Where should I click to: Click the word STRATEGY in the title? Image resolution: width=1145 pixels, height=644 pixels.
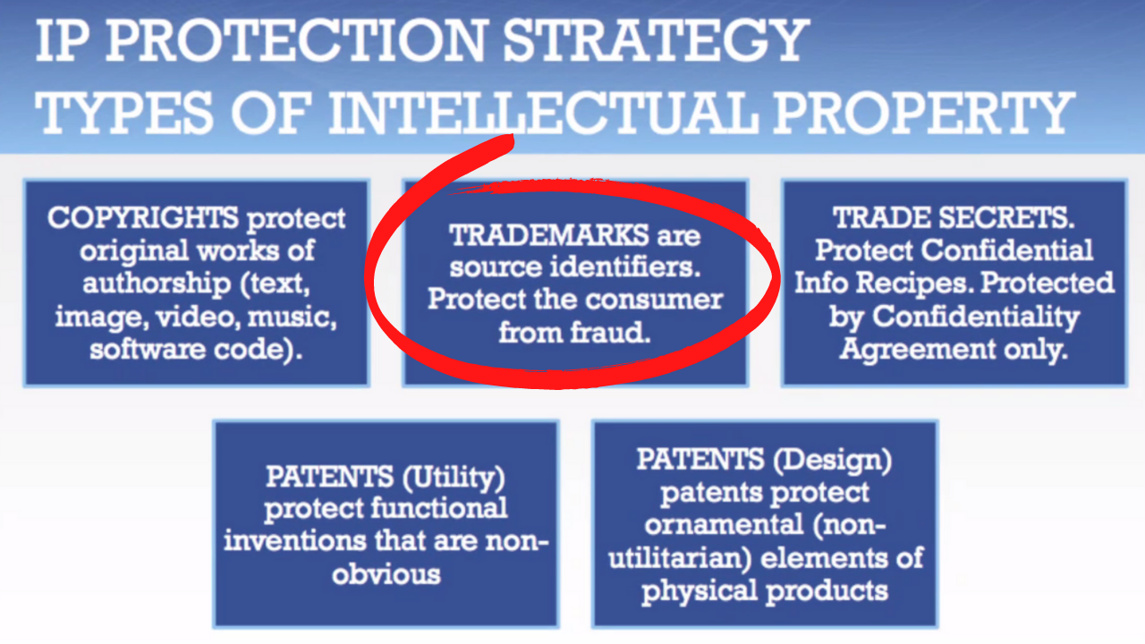click(657, 40)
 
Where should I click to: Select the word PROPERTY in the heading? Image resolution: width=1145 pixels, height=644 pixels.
click(925, 113)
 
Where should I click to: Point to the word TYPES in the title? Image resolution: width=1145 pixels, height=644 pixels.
click(123, 113)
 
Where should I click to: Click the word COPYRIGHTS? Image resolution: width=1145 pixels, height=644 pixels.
click(142, 218)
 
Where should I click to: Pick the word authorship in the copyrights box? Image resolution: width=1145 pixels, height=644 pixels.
click(157, 284)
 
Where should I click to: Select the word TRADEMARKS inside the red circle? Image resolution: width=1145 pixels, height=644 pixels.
click(548, 236)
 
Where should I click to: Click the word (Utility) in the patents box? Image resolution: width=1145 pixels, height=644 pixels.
click(454, 478)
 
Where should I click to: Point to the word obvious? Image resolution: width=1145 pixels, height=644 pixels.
click(386, 574)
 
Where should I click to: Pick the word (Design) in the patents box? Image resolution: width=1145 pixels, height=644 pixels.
click(832, 460)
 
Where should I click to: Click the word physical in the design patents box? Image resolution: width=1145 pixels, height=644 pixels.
click(700, 592)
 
